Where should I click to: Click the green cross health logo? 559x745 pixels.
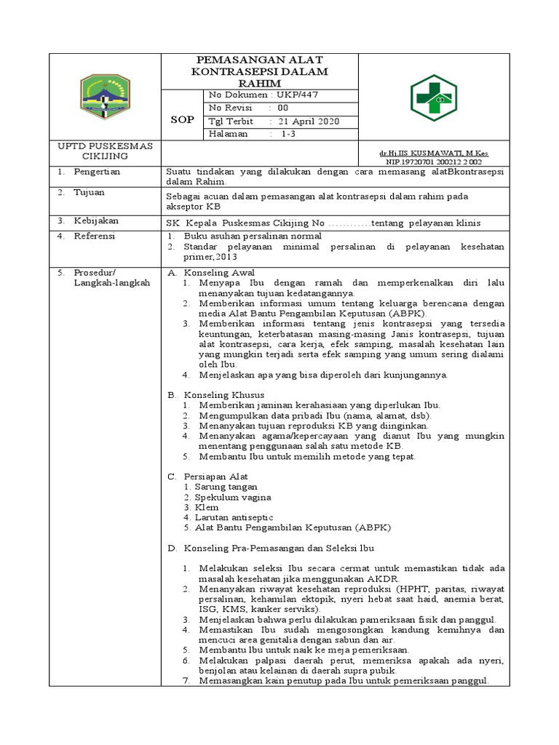(x=434, y=97)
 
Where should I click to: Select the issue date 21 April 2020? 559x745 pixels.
(x=304, y=121)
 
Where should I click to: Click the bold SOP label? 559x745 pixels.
(x=182, y=119)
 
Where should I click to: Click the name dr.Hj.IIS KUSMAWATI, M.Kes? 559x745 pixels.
(x=434, y=154)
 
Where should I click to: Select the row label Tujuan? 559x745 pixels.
(x=89, y=193)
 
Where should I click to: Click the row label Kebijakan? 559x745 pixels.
(x=95, y=220)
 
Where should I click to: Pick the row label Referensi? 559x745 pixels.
(x=95, y=236)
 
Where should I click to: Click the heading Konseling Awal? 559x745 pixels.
(x=218, y=272)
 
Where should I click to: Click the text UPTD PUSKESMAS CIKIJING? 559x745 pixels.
(x=105, y=151)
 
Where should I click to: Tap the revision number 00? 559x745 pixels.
(x=283, y=108)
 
